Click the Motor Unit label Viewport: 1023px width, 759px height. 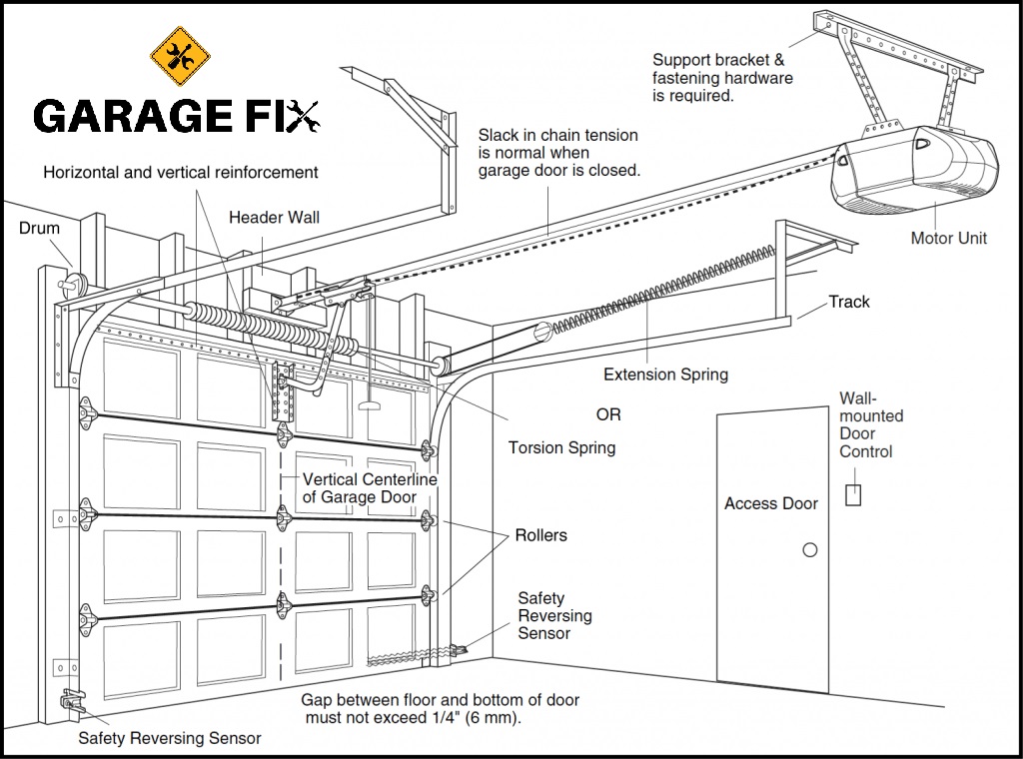pos(948,238)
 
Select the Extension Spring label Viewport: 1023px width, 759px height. pos(665,375)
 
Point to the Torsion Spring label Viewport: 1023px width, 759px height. pos(561,447)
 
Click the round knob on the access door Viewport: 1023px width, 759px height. pos(810,550)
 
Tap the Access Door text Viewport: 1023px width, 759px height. pos(770,503)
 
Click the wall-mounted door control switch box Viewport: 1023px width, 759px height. pos(853,494)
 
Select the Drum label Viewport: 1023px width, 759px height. pos(40,228)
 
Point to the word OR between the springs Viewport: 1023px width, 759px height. pos(607,414)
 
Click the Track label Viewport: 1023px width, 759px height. pos(848,302)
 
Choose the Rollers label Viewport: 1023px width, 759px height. pos(540,535)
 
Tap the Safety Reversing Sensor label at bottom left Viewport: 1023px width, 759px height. pos(170,738)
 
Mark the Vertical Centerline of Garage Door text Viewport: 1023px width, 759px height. pos(370,488)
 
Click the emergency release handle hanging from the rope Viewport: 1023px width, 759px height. pos(370,406)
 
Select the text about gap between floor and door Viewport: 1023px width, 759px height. pos(440,709)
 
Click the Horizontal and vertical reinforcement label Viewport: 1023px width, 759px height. pos(181,172)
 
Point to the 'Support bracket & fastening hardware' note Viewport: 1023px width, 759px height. pos(722,78)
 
